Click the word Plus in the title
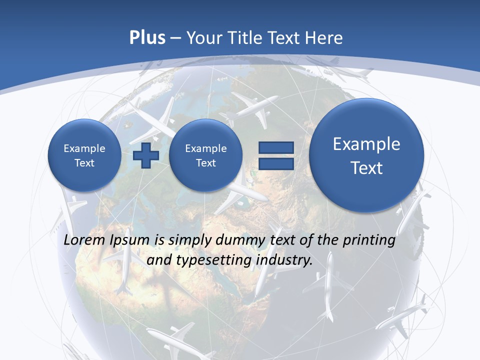pos(147,37)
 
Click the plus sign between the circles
pos(146,155)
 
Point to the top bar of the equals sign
pos(275,147)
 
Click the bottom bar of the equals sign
pos(275,164)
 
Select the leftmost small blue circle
pos(84,155)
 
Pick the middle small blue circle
pos(205,155)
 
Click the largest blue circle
pos(366,155)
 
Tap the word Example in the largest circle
pos(366,144)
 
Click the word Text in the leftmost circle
pos(84,162)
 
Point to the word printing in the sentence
pos(370,240)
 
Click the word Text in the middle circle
pos(205,162)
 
